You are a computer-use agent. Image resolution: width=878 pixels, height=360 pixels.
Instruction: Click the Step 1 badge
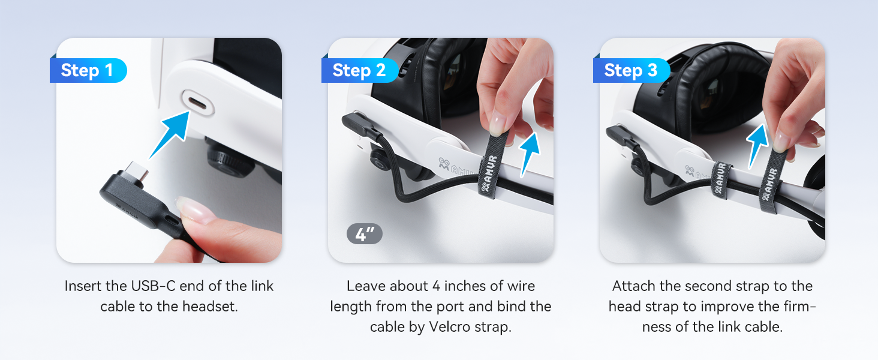point(88,71)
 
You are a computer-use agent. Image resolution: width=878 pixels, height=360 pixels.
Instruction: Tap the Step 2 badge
point(359,71)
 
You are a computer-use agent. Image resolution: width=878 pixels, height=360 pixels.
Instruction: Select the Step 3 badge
point(631,71)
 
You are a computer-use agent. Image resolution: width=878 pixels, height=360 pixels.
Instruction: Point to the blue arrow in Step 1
point(170,135)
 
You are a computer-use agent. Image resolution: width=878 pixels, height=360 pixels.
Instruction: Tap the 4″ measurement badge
point(364,234)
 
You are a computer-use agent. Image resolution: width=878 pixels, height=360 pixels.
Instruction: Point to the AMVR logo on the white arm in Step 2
point(452,166)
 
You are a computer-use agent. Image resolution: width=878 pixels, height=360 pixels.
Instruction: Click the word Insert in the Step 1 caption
point(84,286)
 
